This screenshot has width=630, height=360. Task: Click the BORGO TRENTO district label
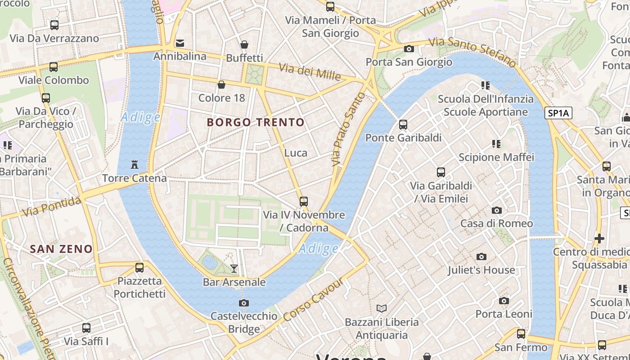256,122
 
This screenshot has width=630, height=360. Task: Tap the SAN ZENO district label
61,249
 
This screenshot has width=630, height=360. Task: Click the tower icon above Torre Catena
134,165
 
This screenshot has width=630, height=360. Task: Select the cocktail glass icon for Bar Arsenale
234,269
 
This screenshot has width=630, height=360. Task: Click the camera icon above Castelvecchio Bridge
244,303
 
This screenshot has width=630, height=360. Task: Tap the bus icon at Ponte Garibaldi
403,124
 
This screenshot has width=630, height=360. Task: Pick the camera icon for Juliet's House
481,256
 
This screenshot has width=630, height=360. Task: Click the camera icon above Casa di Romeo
497,210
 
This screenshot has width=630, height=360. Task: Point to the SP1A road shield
559,113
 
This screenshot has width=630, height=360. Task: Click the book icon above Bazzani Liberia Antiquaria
382,308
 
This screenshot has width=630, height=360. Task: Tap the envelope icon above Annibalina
180,43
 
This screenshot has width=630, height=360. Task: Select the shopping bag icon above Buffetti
244,44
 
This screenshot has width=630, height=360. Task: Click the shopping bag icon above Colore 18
221,84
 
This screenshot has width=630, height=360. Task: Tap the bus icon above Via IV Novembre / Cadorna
304,201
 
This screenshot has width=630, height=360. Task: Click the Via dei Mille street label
310,72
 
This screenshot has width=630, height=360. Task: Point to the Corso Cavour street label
314,299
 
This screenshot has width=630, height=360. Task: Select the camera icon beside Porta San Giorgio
409,49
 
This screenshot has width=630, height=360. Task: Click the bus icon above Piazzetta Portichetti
139,268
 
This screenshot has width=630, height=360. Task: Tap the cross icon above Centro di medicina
599,238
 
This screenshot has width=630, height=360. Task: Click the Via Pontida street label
52,207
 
